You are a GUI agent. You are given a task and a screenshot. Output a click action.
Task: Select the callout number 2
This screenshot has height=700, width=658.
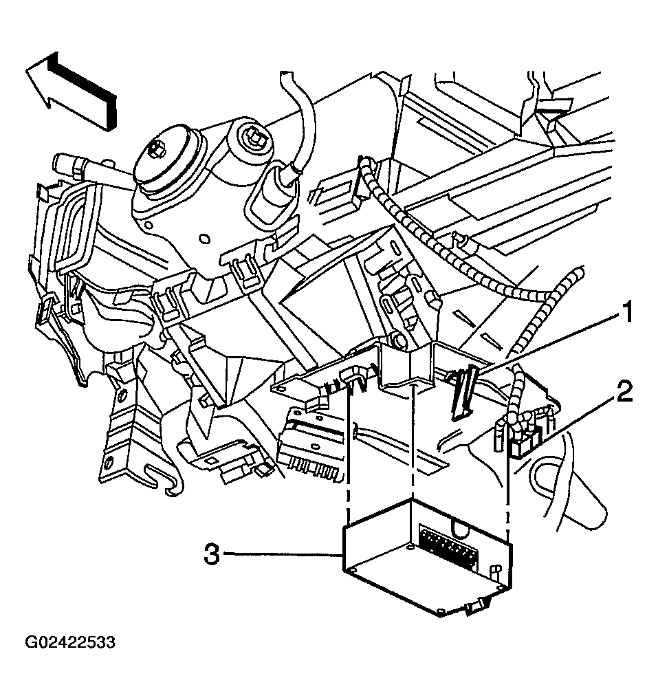pos(624,394)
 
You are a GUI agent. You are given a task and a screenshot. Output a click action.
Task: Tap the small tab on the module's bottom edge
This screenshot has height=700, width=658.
pos(475,606)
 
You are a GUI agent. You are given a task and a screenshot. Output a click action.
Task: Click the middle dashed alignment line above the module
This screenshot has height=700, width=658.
pos(413,440)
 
